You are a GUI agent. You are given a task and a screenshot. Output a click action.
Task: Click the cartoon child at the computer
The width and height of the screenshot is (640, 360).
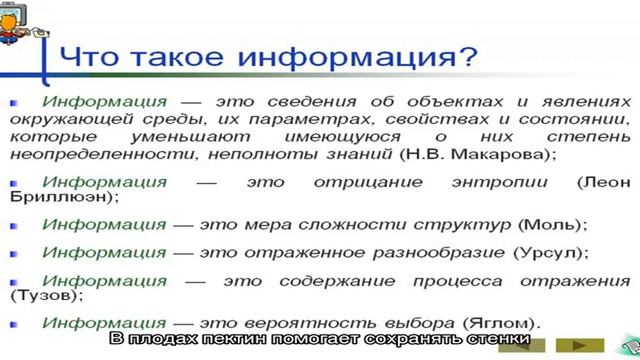(x=18, y=25)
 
